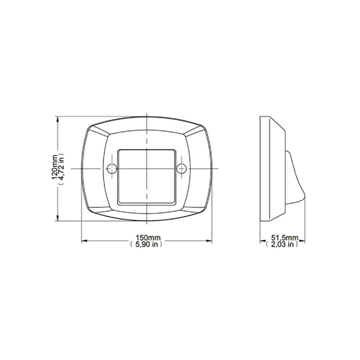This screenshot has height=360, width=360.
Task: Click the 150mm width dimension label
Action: click(x=148, y=238)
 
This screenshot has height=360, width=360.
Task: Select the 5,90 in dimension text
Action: click(x=146, y=244)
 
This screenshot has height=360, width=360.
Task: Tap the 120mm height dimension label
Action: click(x=54, y=167)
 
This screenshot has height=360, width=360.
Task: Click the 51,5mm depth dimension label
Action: click(x=285, y=238)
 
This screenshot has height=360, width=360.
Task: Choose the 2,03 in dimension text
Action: click(x=282, y=244)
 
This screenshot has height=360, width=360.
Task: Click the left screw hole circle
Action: click(x=112, y=169)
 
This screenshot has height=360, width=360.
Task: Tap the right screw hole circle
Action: click(x=181, y=169)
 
